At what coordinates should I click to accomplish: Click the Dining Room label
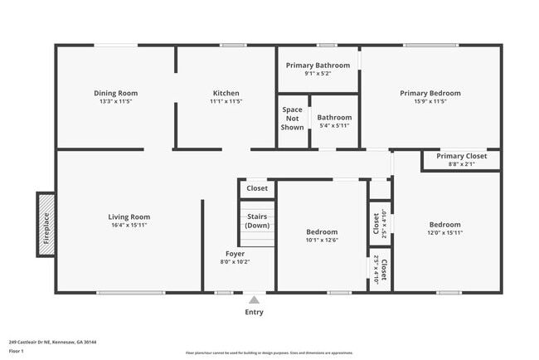(x=115, y=93)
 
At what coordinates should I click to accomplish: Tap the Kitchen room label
(x=226, y=93)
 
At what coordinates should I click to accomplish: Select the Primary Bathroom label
(x=318, y=65)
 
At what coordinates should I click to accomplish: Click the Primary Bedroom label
(x=430, y=93)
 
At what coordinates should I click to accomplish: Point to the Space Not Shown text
(x=292, y=119)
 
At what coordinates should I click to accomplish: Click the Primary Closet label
(x=462, y=156)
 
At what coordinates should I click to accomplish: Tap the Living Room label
(x=129, y=216)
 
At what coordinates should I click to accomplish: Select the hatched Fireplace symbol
(x=46, y=221)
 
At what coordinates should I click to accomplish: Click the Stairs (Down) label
(x=257, y=221)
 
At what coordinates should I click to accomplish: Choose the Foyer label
(x=235, y=253)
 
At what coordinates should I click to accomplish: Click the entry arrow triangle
(x=254, y=299)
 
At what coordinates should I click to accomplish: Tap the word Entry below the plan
(x=254, y=312)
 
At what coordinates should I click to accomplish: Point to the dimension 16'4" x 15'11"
(x=129, y=225)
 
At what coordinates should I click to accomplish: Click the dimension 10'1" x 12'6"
(x=321, y=241)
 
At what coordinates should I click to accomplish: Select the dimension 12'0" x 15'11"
(x=444, y=233)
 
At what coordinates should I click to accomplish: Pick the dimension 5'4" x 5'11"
(x=334, y=126)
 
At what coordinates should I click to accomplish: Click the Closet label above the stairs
(x=257, y=188)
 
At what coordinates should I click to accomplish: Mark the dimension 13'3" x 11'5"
(x=115, y=101)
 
